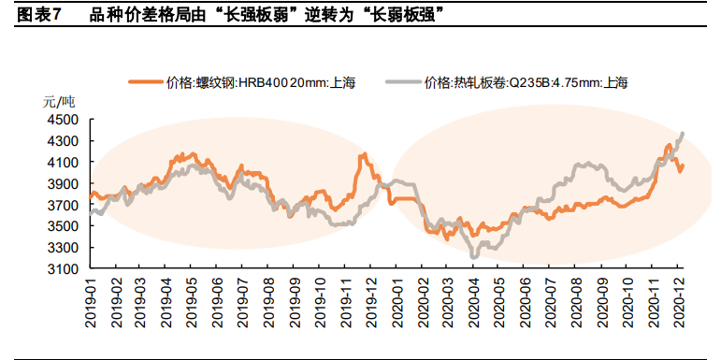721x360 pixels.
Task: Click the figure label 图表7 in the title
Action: [x=38, y=14]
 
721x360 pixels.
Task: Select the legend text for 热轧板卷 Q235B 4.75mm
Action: [x=526, y=82]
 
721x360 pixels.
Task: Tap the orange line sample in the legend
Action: [x=145, y=82]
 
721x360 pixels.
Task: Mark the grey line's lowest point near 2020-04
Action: [x=474, y=256]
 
